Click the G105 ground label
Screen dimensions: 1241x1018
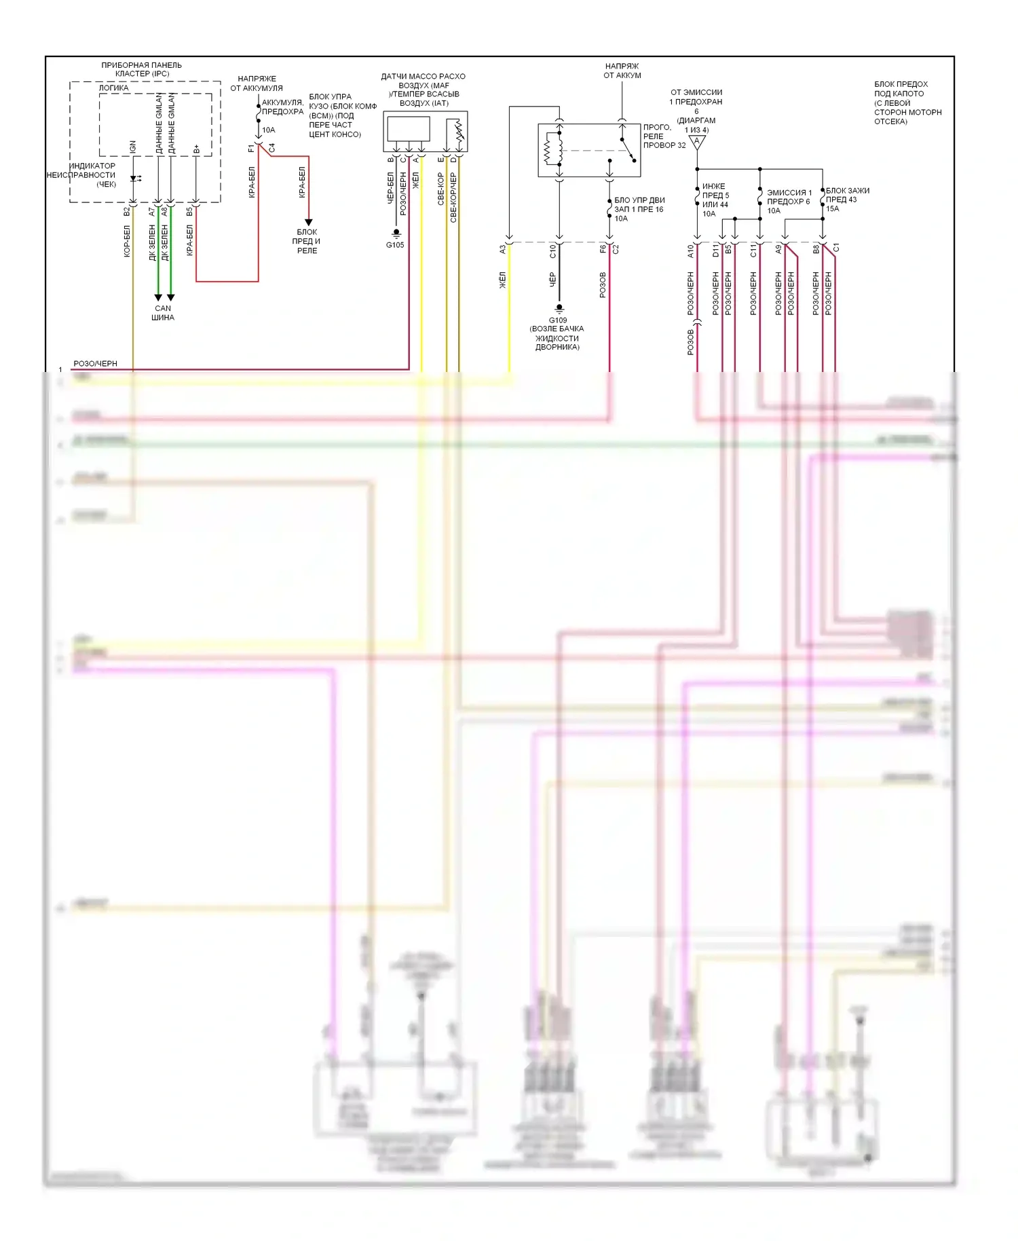pyautogui.click(x=395, y=245)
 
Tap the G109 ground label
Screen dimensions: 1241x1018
pyautogui.click(x=558, y=320)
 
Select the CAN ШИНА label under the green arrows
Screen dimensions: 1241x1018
pyautogui.click(x=163, y=313)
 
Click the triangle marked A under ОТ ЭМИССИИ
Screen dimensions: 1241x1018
pyautogui.click(x=697, y=142)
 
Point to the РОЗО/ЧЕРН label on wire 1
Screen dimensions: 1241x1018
pyautogui.click(x=95, y=364)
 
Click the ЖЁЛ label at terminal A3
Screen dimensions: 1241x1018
pyautogui.click(x=503, y=280)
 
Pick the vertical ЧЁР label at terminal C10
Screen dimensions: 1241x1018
pyautogui.click(x=552, y=280)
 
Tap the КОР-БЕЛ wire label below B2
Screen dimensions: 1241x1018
pyautogui.click(x=127, y=242)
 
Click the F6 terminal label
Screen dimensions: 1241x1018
pyautogui.click(x=603, y=248)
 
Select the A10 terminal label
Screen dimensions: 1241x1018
pyautogui.click(x=691, y=251)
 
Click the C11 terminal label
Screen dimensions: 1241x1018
pyautogui.click(x=753, y=251)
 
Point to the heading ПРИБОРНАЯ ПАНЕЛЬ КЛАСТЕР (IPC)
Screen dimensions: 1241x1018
pyautogui.click(x=142, y=69)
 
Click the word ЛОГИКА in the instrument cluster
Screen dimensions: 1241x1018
pyautogui.click(x=114, y=88)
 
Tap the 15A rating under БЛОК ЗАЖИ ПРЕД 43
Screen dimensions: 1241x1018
pyautogui.click(x=833, y=209)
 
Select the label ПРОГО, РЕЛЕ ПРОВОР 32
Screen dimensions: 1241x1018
pyautogui.click(x=664, y=136)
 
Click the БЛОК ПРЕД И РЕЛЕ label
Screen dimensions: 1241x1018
pyautogui.click(x=307, y=241)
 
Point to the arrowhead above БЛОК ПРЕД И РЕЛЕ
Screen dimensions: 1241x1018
pyautogui.click(x=308, y=222)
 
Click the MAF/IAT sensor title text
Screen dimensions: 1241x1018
pyautogui.click(x=423, y=90)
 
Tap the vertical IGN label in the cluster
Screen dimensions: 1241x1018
pyautogui.click(x=133, y=147)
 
